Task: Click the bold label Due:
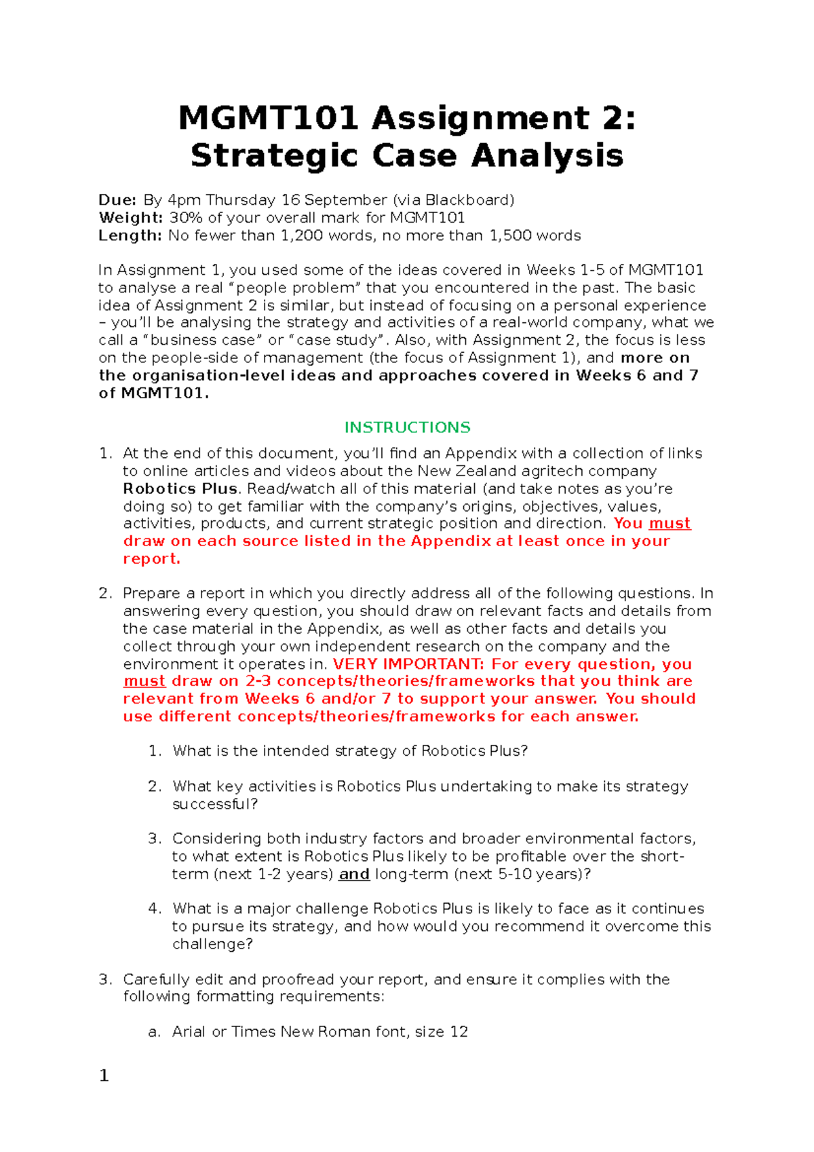coord(117,200)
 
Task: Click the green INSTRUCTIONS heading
coord(407,427)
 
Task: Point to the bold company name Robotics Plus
coord(180,488)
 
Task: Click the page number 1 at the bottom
coord(104,1076)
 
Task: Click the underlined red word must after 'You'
coord(670,523)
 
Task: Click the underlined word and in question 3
coord(354,874)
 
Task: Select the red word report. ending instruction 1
coord(151,558)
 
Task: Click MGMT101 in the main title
coord(268,119)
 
